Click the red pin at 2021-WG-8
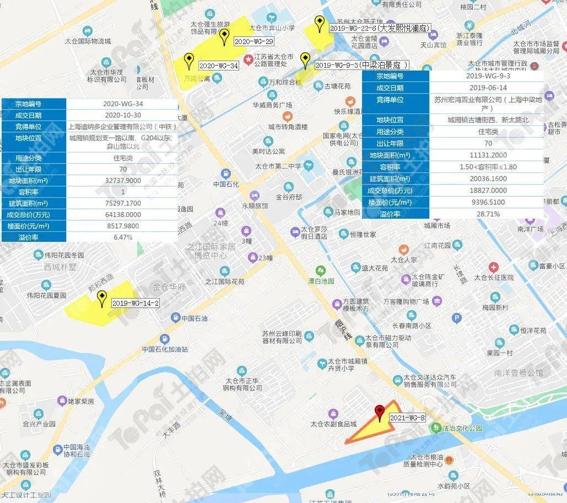[379, 411]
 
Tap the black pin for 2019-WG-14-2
[101, 298]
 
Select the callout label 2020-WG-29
[253, 41]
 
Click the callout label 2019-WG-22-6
[379, 28]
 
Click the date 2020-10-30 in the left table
[122, 115]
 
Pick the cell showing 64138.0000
[122, 215]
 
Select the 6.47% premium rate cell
[122, 237]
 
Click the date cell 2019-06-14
[485, 88]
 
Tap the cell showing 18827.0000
[485, 191]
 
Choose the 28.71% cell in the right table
[485, 214]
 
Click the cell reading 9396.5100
[485, 202]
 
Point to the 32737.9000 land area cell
[122, 181]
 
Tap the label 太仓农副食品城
[333, 424]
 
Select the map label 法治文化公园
[463, 428]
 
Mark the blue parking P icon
[456, 318]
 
